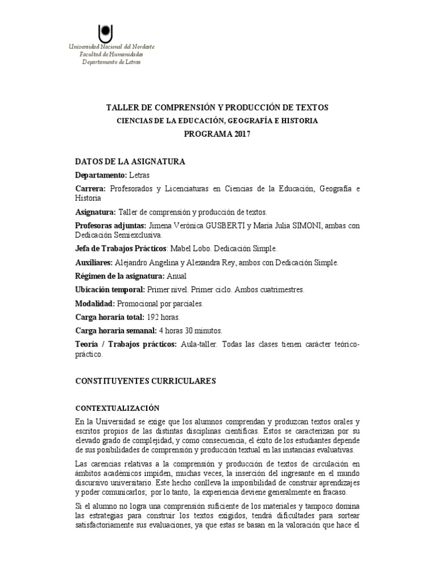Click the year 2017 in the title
[240, 134]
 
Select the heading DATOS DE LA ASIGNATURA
[130, 162]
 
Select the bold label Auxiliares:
[94, 263]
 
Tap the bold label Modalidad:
[95, 304]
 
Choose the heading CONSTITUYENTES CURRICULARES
[146, 382]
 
